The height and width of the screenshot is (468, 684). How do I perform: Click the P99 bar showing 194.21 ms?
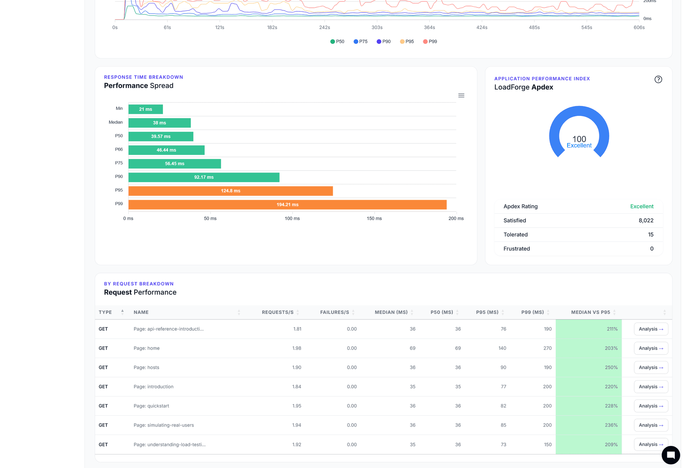pyautogui.click(x=287, y=205)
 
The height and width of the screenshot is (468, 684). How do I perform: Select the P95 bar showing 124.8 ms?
pyautogui.click(x=230, y=191)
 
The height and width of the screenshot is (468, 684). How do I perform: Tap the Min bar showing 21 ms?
pyautogui.click(x=145, y=110)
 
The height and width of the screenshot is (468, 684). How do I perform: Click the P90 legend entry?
pyautogui.click(x=384, y=42)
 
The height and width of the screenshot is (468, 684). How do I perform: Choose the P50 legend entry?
pyautogui.click(x=337, y=42)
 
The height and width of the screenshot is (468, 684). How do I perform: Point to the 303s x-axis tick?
pyautogui.click(x=377, y=27)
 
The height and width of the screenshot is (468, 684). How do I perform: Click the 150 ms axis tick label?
pyautogui.click(x=374, y=219)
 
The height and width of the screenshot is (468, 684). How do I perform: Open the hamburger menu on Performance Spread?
pyautogui.click(x=461, y=96)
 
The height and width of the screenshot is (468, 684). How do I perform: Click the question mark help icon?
pyautogui.click(x=658, y=80)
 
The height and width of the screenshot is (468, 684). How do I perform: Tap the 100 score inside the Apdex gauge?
pyautogui.click(x=579, y=139)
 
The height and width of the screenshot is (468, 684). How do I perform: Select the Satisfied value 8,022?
pyautogui.click(x=646, y=221)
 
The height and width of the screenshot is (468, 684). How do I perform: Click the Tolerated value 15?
pyautogui.click(x=651, y=235)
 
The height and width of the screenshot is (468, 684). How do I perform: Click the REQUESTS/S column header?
pyautogui.click(x=278, y=312)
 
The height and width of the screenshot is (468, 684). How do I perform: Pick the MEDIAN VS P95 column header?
pyautogui.click(x=590, y=312)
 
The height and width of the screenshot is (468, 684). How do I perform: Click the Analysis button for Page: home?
pyautogui.click(x=651, y=349)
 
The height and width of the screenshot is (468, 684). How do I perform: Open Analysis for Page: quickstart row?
pyautogui.click(x=651, y=406)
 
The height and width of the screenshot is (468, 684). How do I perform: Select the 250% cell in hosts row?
pyautogui.click(x=611, y=368)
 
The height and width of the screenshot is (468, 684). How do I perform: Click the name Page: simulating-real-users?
pyautogui.click(x=164, y=425)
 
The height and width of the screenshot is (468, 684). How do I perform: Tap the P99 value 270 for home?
pyautogui.click(x=547, y=349)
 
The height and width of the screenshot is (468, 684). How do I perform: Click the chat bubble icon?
pyautogui.click(x=670, y=455)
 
